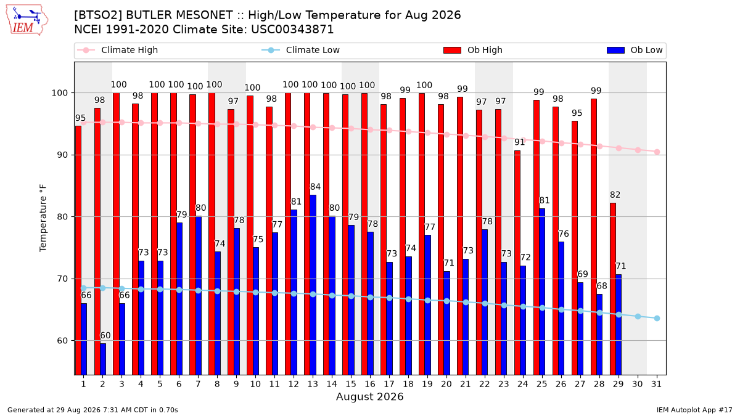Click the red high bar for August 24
point(517,263)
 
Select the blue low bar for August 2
point(103,359)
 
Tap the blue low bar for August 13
point(313,285)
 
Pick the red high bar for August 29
point(612,289)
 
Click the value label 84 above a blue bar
point(315,187)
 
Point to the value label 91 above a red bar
point(520,142)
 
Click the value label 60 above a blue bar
point(105,335)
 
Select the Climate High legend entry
point(117,50)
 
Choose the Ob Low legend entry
point(635,50)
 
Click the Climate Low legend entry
point(300,50)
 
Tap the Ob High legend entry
point(473,50)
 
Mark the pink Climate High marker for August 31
point(657,152)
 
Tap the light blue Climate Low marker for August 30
point(638,317)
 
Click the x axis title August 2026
point(369,396)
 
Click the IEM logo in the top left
point(27,20)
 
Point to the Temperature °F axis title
point(43,218)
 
